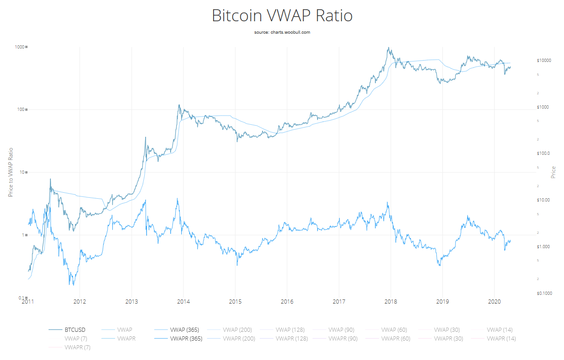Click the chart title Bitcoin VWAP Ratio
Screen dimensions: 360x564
[x=282, y=16]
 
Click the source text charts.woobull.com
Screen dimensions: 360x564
[x=282, y=32]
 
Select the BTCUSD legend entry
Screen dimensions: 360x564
[x=74, y=330]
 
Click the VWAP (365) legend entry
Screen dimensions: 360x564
[x=184, y=330]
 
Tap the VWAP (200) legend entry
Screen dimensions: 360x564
[x=237, y=330]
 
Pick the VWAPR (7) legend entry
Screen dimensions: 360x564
[x=78, y=347]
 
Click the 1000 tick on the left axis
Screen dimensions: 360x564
[x=19, y=47]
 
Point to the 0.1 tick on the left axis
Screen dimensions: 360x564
[x=21, y=298]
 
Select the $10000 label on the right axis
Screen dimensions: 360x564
[x=545, y=61]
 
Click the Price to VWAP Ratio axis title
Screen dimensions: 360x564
[x=11, y=172]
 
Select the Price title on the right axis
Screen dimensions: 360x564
[x=553, y=172]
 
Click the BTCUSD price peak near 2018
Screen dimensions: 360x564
[x=389, y=48]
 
